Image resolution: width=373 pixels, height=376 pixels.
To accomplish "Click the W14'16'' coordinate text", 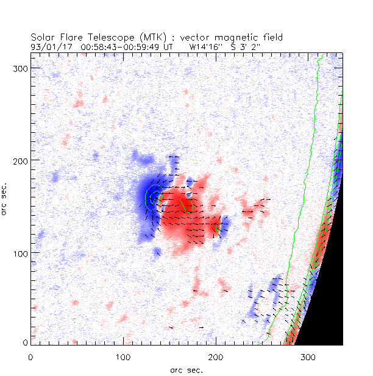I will tap(205, 46).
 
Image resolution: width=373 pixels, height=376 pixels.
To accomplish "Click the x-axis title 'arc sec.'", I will tap(186, 369).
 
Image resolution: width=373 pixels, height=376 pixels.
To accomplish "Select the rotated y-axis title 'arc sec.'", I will tap(6, 198).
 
